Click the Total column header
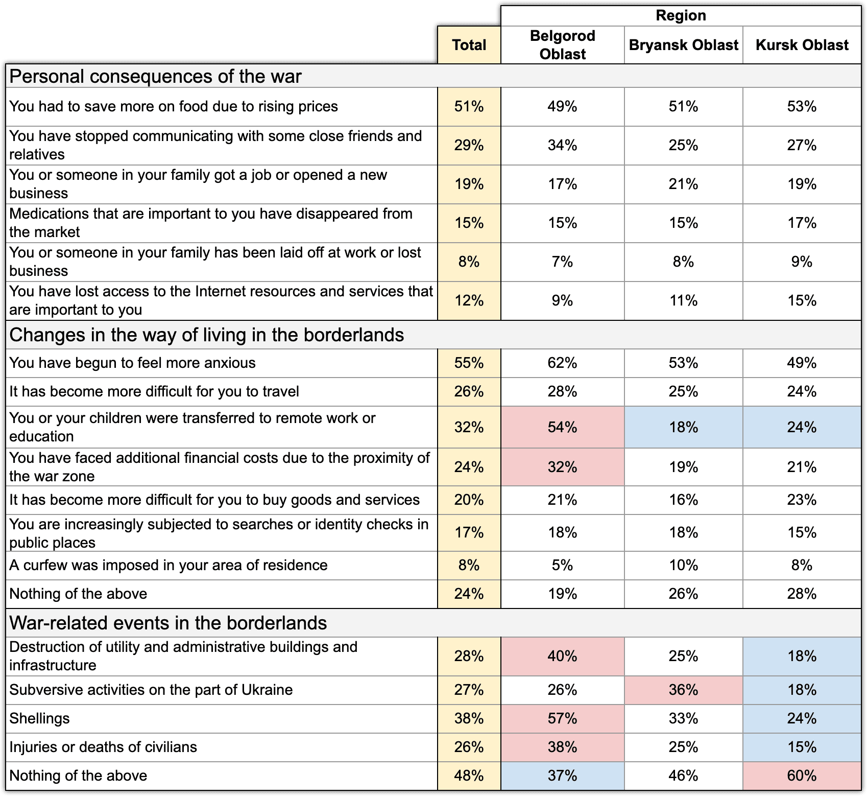tap(469, 45)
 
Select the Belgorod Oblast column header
tap(562, 45)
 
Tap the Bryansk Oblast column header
tap(683, 45)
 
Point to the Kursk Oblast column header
tap(802, 45)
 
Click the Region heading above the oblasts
tap(681, 15)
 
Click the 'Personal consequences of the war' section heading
tap(155, 76)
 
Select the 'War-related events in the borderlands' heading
tap(168, 623)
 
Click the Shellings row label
tap(39, 718)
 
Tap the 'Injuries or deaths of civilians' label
tap(103, 747)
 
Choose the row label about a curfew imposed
tap(168, 565)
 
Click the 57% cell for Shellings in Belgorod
tap(562, 718)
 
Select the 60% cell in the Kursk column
tap(802, 776)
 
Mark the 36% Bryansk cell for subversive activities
tap(683, 690)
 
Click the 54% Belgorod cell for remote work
tap(562, 427)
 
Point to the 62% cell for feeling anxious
tap(562, 363)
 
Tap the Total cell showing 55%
tap(469, 363)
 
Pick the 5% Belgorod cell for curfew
tap(562, 565)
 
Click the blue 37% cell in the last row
tap(562, 776)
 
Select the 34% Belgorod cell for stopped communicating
tap(562, 145)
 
